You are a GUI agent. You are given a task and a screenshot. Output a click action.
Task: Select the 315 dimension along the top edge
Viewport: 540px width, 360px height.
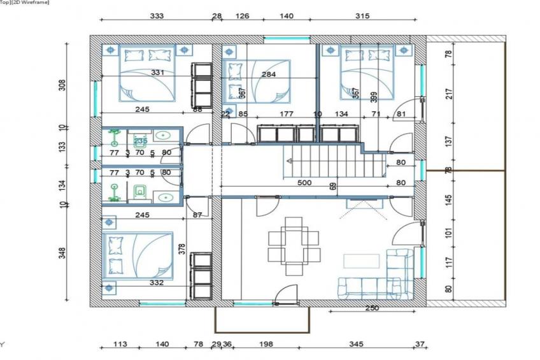[x=362, y=17]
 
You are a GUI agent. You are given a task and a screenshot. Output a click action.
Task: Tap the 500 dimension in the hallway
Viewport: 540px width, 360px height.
[x=305, y=183]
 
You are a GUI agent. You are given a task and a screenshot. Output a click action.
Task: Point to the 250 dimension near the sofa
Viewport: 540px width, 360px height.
[x=373, y=308]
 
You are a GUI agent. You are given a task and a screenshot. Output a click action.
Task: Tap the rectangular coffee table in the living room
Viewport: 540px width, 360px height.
[x=361, y=261]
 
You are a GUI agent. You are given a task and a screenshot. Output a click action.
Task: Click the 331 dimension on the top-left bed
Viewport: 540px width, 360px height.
[x=158, y=73]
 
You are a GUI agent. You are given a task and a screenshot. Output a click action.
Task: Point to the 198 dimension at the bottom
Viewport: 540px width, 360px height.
[x=266, y=344]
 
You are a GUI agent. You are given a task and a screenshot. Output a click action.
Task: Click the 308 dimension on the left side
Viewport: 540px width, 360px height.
[x=62, y=85]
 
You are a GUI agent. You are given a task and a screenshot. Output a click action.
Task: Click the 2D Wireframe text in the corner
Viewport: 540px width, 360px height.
[x=19, y=3]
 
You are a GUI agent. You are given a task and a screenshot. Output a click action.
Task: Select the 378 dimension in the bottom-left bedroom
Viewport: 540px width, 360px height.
[x=181, y=248]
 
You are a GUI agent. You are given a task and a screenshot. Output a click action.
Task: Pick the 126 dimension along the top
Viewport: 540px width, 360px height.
[x=242, y=17]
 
